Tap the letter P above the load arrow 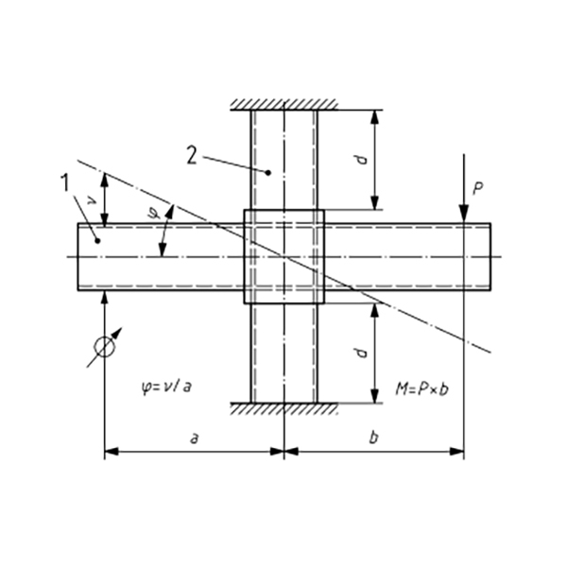(478, 189)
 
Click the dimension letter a (194, 440)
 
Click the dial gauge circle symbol (105, 347)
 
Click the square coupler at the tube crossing (283, 256)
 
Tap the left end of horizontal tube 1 (78, 256)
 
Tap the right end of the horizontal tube (490, 256)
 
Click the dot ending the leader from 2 (268, 173)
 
